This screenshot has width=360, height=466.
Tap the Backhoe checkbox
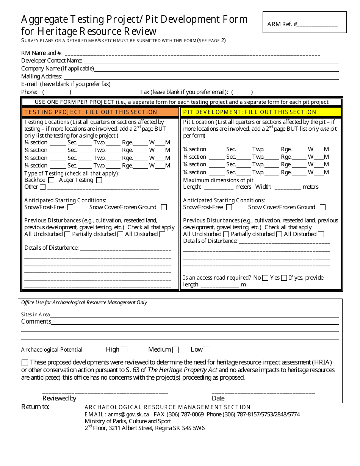coord(51,180)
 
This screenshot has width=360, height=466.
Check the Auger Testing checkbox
coord(99,180)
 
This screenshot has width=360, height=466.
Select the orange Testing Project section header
coord(100,112)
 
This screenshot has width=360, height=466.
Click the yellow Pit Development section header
coord(261,112)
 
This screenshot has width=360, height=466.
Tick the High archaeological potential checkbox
coord(124,350)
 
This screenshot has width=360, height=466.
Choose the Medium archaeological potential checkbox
coord(175,350)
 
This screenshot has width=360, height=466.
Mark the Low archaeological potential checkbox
coord(206,350)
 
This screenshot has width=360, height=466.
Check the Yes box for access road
coord(284,278)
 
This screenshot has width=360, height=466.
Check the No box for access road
coord(265,278)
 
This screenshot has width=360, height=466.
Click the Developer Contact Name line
coord(210,61)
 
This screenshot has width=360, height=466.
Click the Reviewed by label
coord(59,398)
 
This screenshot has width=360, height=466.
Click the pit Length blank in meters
coord(219,187)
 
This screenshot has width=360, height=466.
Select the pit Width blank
coord(288,187)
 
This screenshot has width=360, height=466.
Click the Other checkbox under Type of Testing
coord(42,187)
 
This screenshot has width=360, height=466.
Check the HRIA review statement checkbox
coord(25,363)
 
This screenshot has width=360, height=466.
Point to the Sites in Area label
coord(35,314)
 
